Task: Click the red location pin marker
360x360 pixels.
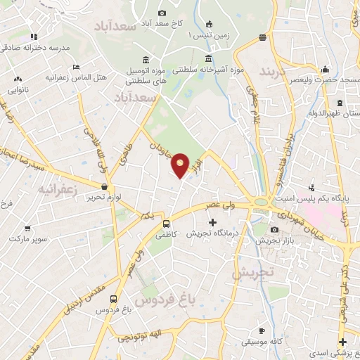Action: [181, 165]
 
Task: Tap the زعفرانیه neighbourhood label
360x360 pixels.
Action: [57, 190]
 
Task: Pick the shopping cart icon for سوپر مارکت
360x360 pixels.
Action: [28, 227]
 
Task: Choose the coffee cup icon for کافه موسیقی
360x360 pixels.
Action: [262, 330]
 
